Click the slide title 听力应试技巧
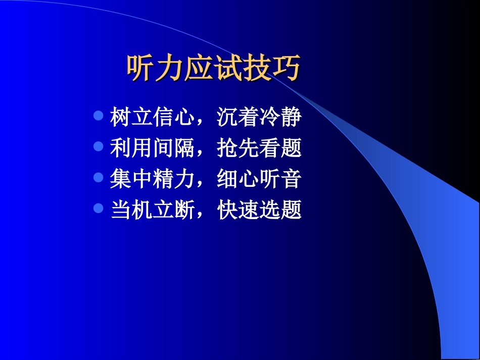point(213,68)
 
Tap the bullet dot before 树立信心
point(99,115)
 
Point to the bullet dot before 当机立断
point(99,208)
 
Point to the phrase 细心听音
point(259,179)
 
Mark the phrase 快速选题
point(259,210)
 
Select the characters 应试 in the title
point(213,68)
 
